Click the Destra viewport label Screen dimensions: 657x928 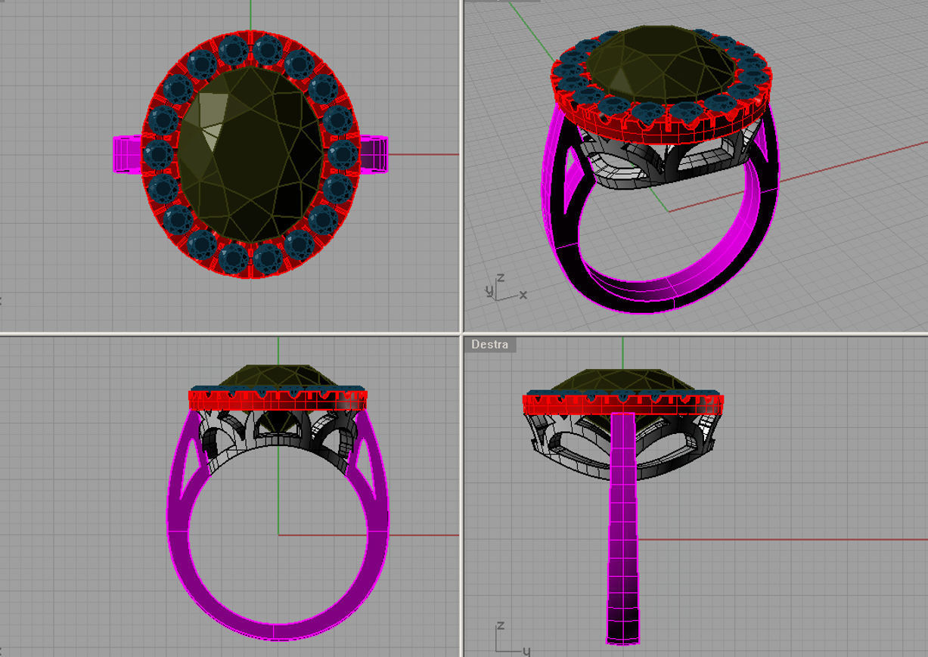(x=489, y=345)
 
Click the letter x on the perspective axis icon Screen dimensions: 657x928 (x=523, y=294)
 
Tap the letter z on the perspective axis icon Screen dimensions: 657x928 (x=500, y=278)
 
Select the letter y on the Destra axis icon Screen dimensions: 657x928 (x=526, y=650)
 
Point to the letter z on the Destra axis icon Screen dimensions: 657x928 (x=500, y=626)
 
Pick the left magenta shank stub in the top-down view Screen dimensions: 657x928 (x=127, y=154)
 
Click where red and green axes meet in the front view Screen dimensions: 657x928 (x=278, y=535)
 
